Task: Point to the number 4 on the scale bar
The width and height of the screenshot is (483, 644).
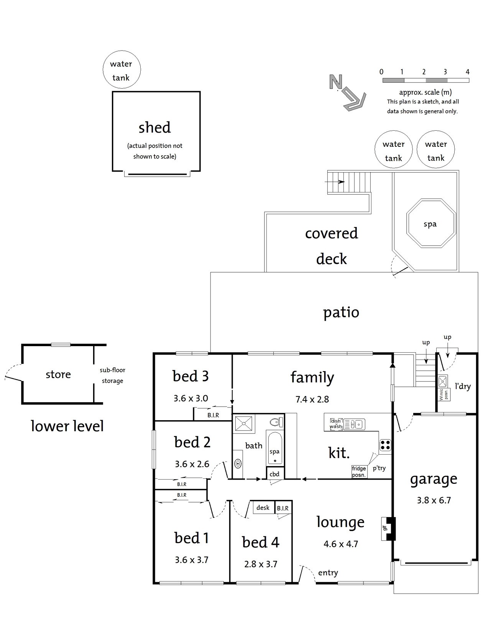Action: (x=467, y=72)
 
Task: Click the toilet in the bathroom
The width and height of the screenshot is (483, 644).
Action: (x=276, y=422)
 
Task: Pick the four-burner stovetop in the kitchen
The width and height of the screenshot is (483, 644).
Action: (x=385, y=445)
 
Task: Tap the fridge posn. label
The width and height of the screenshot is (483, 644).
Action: (x=359, y=472)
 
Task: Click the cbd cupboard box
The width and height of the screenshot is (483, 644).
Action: (x=275, y=474)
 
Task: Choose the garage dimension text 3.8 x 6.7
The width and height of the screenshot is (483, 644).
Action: (x=434, y=500)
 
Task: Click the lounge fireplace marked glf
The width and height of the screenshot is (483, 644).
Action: (x=388, y=529)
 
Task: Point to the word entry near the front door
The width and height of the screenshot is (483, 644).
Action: (x=328, y=572)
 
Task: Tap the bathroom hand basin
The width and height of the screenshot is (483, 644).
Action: (x=238, y=463)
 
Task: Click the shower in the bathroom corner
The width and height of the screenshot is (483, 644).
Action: (x=243, y=424)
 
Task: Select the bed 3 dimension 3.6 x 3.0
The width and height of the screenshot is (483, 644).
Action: (x=191, y=398)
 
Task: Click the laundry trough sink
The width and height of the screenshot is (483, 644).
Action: (x=442, y=381)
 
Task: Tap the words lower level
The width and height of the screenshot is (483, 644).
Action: (x=67, y=426)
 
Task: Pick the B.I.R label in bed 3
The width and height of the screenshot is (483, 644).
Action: (x=213, y=415)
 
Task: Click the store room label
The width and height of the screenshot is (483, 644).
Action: (x=58, y=375)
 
